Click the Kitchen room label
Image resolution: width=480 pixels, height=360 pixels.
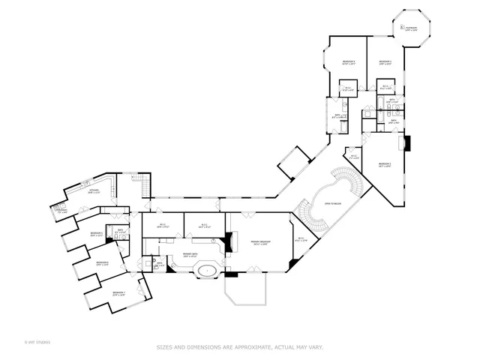94,191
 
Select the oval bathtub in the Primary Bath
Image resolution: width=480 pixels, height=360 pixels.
208,271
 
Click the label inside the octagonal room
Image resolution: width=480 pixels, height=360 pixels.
411,28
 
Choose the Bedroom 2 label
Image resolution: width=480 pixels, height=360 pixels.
385,164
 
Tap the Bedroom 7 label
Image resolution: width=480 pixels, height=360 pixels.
118,294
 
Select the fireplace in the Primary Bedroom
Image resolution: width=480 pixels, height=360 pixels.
228,243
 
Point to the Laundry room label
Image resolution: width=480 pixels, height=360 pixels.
62,211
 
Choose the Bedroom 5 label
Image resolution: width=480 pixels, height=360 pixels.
97,234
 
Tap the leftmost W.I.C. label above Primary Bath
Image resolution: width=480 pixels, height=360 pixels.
163,225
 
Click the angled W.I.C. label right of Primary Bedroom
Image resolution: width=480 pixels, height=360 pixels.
300,240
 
